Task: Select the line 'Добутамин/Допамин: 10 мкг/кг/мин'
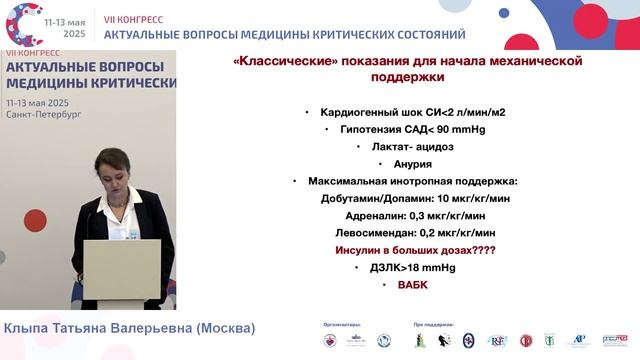coord(413,198)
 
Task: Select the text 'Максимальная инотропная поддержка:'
coord(412,181)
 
